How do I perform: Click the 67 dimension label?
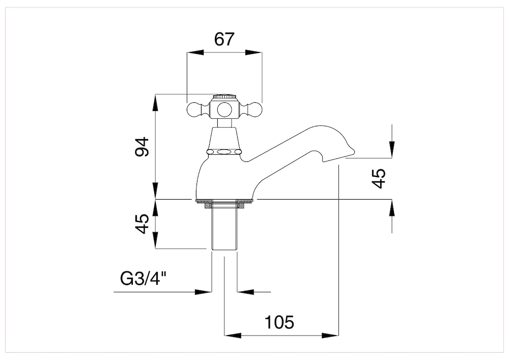click(x=224, y=39)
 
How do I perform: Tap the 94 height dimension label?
click(x=142, y=147)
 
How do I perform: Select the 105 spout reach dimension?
click(x=279, y=322)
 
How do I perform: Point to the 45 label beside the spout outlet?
click(x=379, y=179)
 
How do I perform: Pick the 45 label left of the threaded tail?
click(x=142, y=224)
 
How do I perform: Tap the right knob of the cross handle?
click(x=254, y=109)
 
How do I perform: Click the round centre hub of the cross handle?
click(x=224, y=109)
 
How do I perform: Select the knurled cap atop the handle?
click(x=224, y=97)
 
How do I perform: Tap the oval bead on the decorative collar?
click(x=224, y=152)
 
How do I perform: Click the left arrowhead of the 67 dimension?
click(x=195, y=52)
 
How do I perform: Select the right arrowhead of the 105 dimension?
click(x=330, y=336)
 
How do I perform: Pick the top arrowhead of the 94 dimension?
click(x=155, y=102)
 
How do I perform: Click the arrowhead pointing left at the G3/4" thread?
click(x=245, y=292)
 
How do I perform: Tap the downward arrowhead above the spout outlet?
click(x=392, y=150)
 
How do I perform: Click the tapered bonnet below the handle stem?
click(x=224, y=139)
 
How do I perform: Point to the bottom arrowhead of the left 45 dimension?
click(x=155, y=240)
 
